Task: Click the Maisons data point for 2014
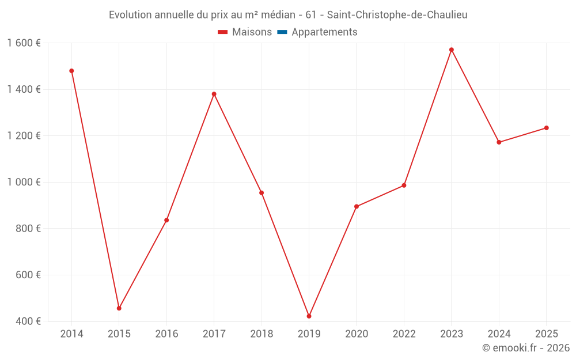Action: [71, 71]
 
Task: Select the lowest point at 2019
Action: [309, 316]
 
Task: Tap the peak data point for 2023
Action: [452, 50]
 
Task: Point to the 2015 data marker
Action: [119, 308]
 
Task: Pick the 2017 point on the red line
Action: [214, 94]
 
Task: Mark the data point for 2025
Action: [547, 128]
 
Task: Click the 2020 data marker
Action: [357, 206]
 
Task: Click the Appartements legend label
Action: [324, 32]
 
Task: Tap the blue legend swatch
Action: [282, 32]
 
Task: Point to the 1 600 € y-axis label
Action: [24, 43]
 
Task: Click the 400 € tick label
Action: [28, 321]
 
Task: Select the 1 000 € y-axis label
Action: [24, 182]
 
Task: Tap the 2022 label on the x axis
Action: [404, 334]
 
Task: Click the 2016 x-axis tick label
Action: [167, 334]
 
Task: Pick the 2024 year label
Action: [499, 334]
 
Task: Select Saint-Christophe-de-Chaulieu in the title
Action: [397, 15]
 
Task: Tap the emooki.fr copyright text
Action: [526, 348]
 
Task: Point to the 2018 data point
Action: [262, 193]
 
